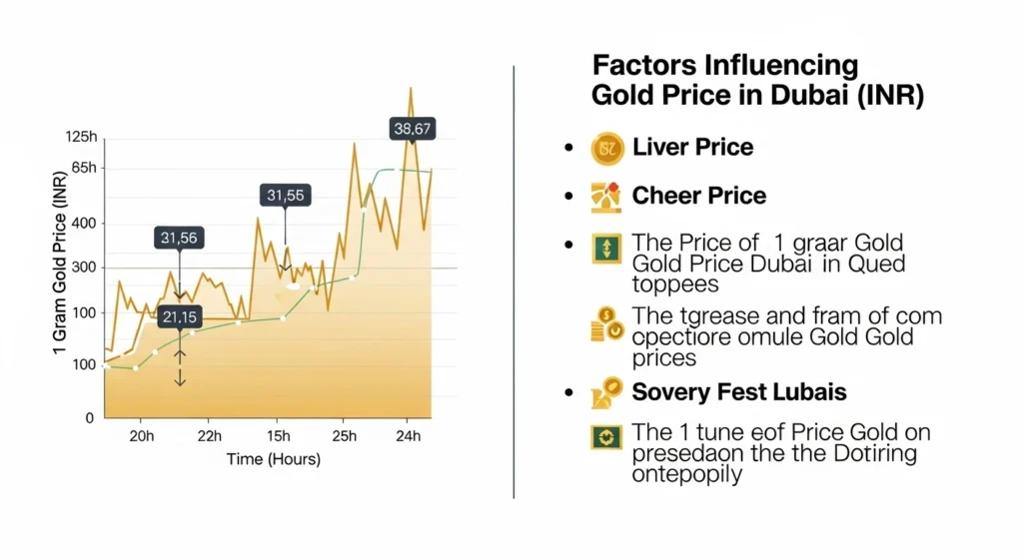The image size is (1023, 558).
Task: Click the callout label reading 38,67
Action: [x=413, y=129]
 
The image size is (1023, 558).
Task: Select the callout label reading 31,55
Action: [x=286, y=196]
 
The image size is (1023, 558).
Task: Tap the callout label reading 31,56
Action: [x=179, y=238]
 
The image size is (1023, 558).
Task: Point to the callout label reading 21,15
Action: [x=179, y=318]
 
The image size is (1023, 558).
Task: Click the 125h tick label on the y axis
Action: [x=80, y=137]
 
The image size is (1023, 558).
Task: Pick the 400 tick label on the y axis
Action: [x=84, y=224]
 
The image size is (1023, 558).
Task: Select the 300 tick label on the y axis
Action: [x=84, y=268]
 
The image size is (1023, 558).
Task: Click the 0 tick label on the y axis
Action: [x=90, y=417]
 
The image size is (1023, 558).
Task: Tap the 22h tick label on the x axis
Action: [x=209, y=437]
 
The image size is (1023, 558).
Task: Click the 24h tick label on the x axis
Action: [x=408, y=437]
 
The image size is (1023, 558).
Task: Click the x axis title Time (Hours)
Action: [x=273, y=459]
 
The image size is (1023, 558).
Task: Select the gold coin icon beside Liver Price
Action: [x=606, y=149]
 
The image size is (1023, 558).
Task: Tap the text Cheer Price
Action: [x=698, y=196]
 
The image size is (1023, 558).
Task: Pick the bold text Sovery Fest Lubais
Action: [x=739, y=391]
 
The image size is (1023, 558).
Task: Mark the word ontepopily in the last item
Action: [x=687, y=475]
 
